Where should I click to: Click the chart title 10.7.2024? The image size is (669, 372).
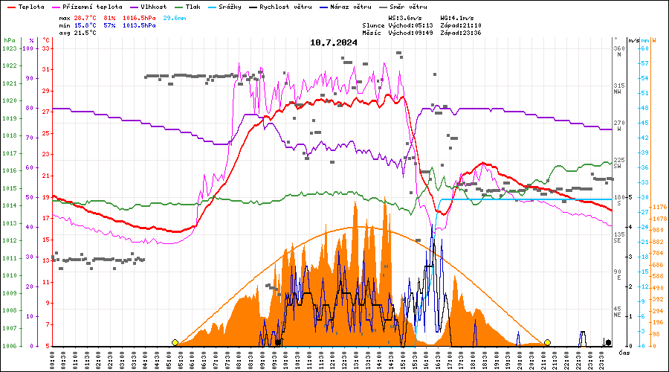pos(334,42)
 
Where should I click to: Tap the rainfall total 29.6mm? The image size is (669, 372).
pos(175,17)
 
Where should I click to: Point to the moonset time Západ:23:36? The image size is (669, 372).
pos(461,33)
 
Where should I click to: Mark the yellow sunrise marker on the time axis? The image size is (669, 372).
pos(175,342)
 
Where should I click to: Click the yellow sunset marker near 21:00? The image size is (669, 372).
pos(547,342)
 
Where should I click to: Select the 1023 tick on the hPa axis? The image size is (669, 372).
pos(9,48)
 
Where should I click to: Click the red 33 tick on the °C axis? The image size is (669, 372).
pos(46,48)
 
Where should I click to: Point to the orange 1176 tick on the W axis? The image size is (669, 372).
pos(658,208)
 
